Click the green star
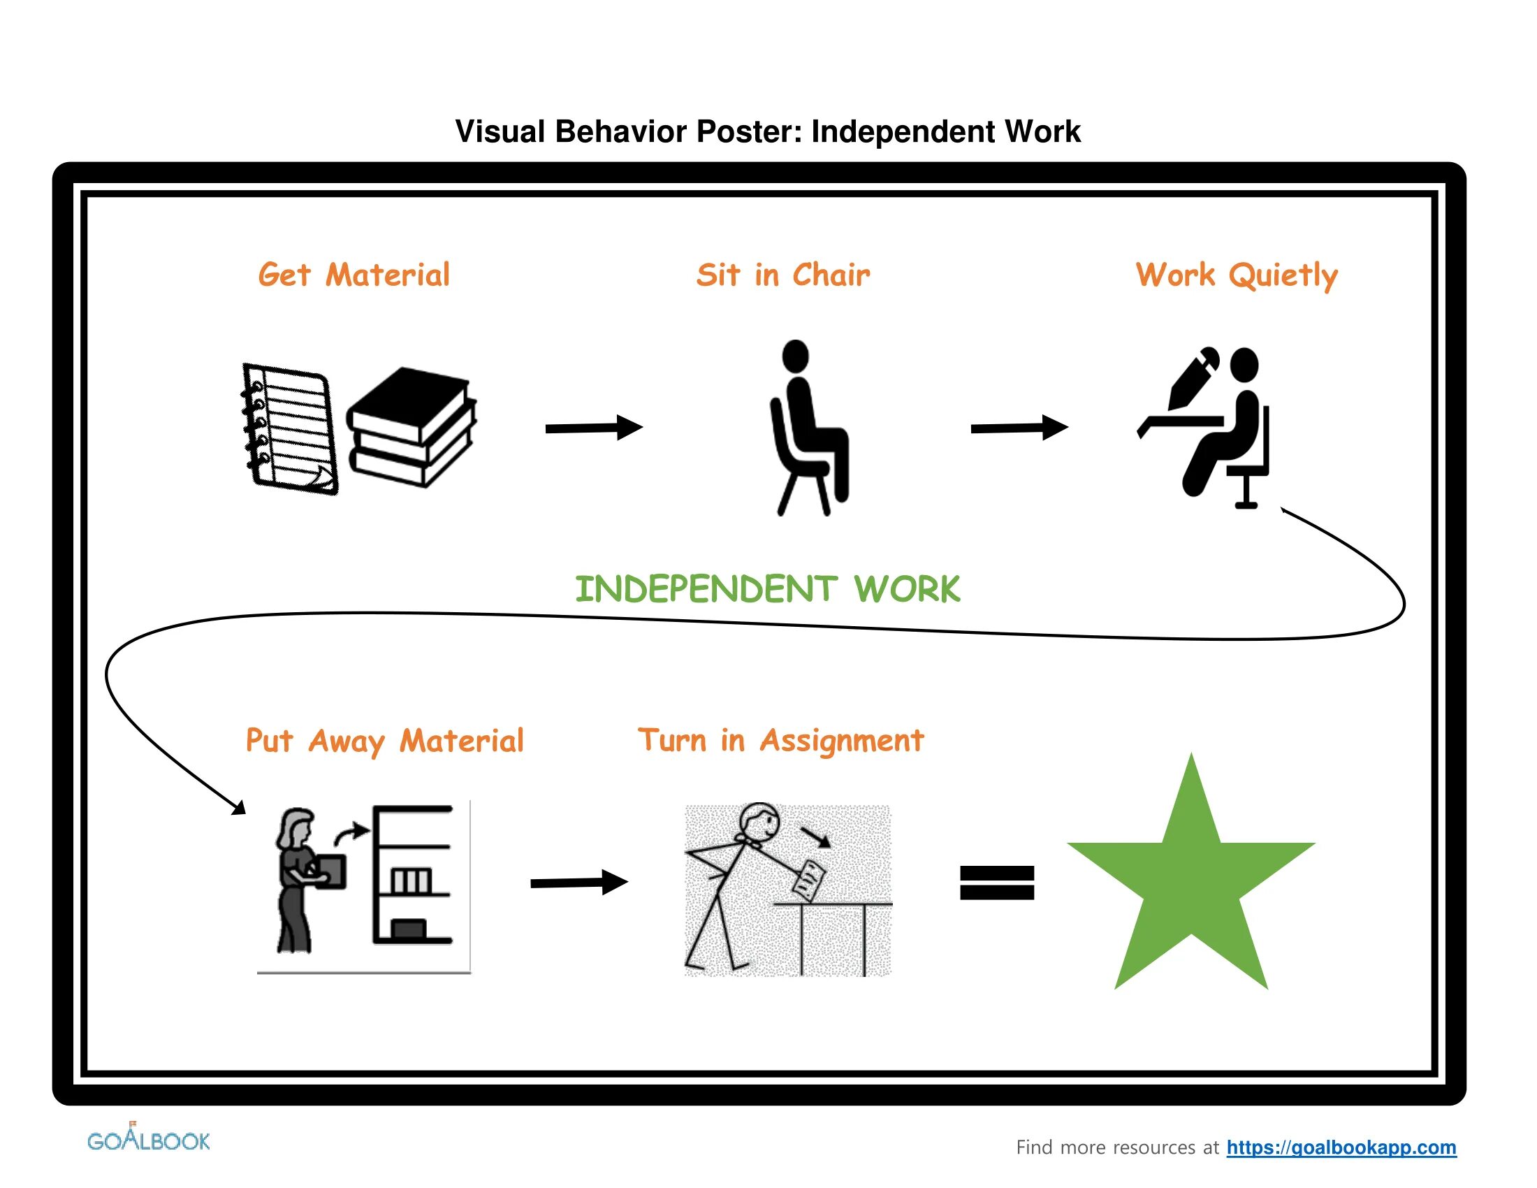tap(1190, 887)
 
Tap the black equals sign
tap(996, 883)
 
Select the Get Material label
tap(354, 275)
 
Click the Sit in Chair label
tap(782, 275)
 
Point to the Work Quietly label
tap(1236, 276)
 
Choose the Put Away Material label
tap(384, 741)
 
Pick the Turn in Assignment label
tap(780, 740)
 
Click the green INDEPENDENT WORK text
tap(767, 589)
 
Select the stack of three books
tap(411, 426)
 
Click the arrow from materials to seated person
tap(593, 427)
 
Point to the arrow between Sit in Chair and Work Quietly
tap(1019, 427)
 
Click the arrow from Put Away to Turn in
tap(578, 882)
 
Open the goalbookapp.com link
tap(1341, 1147)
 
